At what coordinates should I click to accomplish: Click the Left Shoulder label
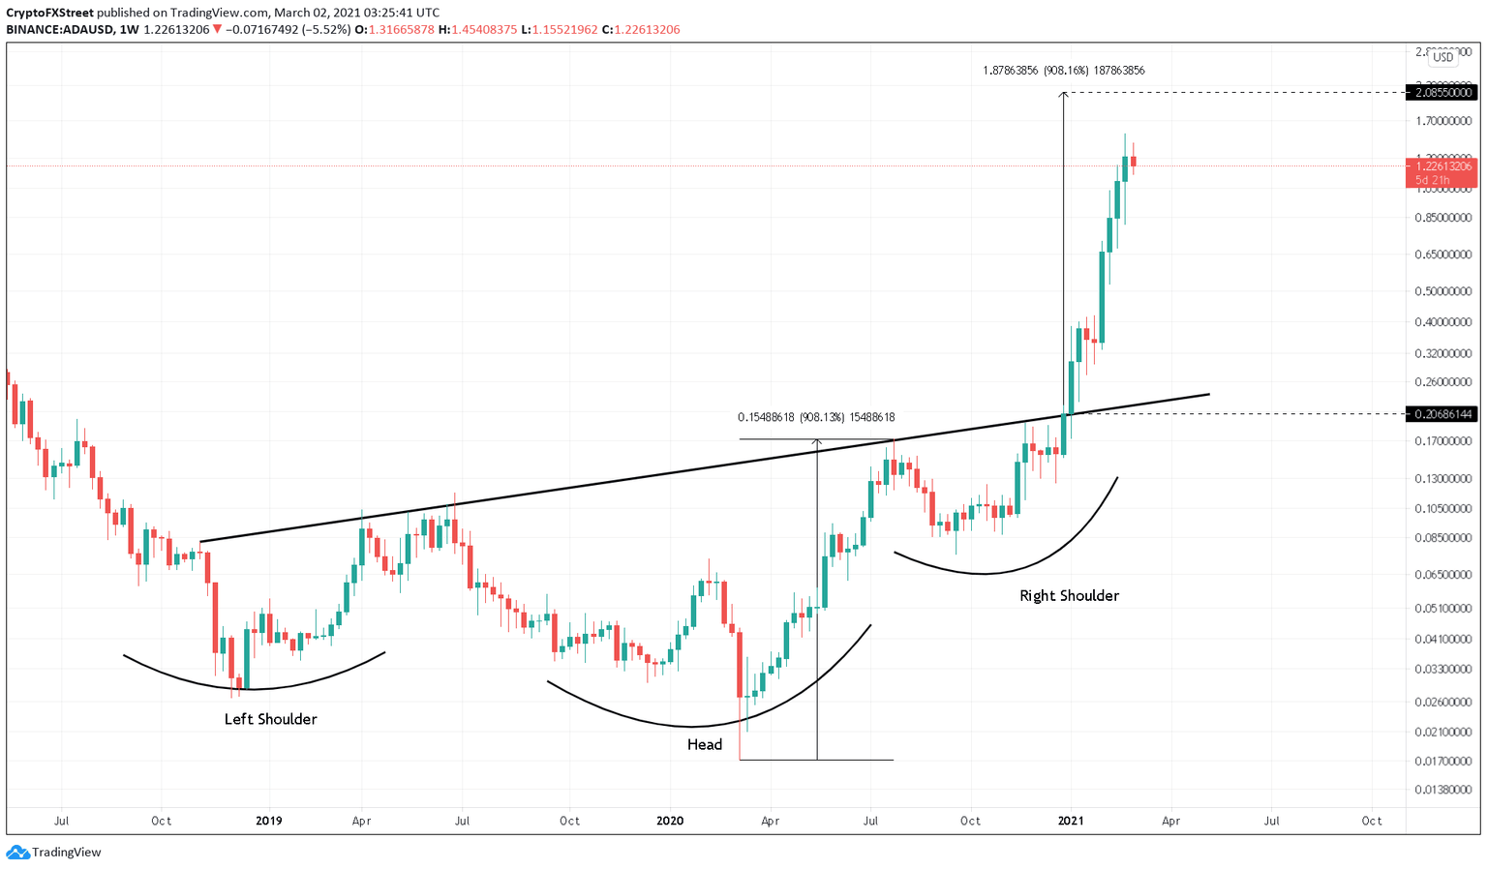tap(270, 719)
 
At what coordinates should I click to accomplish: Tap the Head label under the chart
tap(705, 744)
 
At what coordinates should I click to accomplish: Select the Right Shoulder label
tap(1069, 595)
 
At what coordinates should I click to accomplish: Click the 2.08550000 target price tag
tap(1443, 93)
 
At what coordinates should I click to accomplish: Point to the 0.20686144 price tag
tap(1443, 414)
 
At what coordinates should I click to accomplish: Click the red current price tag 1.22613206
tap(1443, 166)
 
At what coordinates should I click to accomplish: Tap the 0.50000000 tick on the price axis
tap(1443, 291)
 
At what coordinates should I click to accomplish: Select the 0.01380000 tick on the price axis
tap(1443, 791)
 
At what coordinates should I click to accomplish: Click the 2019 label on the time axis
tap(269, 821)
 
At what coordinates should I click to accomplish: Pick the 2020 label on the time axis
tap(670, 821)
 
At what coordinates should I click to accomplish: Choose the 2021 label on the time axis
tap(1070, 821)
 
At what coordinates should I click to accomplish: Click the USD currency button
tap(1442, 57)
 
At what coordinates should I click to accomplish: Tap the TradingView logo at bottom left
tap(54, 853)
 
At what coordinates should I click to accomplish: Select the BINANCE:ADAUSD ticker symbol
tap(57, 29)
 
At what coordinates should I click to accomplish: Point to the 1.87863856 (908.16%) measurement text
tap(1064, 71)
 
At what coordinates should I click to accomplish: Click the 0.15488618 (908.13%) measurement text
tap(816, 418)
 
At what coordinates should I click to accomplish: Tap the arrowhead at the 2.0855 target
tap(1064, 94)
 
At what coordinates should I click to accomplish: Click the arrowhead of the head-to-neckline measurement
tap(817, 442)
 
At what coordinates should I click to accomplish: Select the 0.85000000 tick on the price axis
tap(1443, 218)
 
